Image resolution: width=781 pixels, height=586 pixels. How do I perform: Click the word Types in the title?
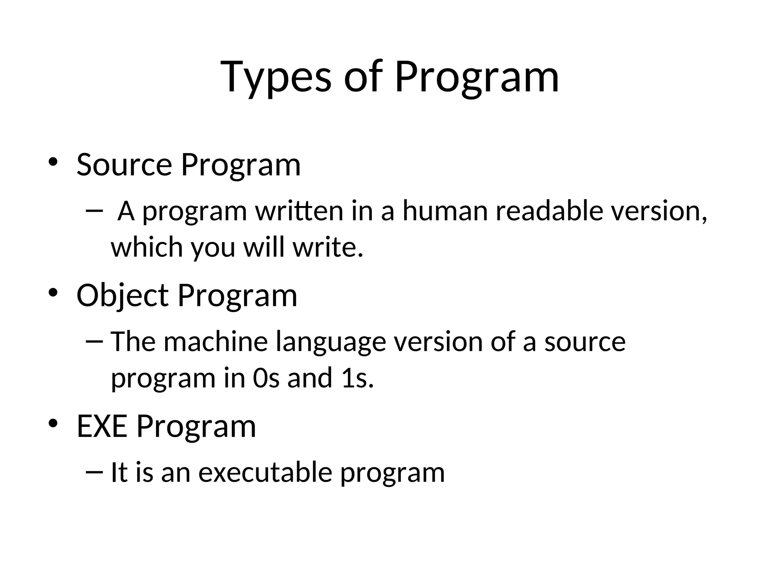tap(276, 78)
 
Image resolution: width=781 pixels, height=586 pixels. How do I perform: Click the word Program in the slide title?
tap(477, 78)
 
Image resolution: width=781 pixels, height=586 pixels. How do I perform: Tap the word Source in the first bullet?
tap(124, 165)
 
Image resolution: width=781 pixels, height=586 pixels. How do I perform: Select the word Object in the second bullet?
tap(122, 296)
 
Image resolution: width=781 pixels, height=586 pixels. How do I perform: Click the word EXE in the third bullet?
tap(102, 426)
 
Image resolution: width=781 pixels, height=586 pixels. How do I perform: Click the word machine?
tap(216, 341)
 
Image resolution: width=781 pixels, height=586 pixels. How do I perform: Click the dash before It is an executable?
tap(95, 472)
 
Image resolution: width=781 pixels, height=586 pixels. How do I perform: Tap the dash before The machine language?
tap(95, 341)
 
